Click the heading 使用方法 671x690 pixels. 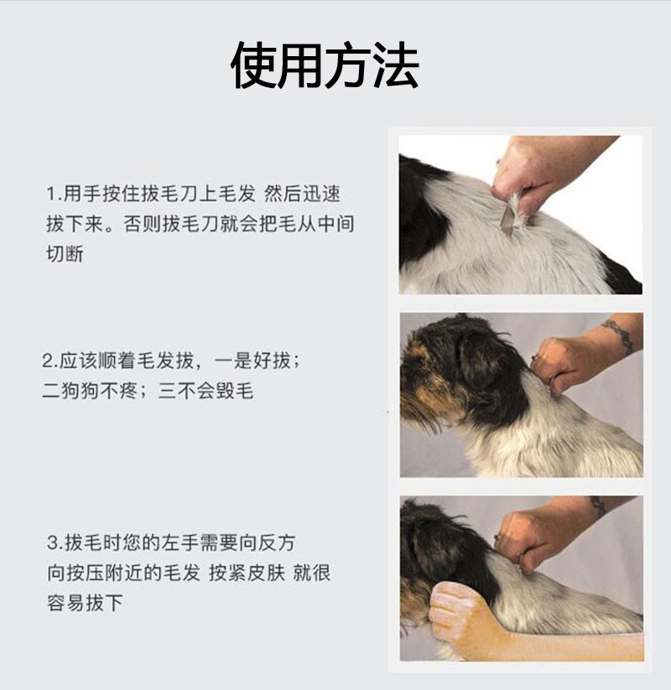pos(325,65)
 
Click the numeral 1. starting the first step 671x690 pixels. pos(55,194)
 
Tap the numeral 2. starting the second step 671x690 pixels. pos(49,361)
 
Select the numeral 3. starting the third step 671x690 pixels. pos(55,543)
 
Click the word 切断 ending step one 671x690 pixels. pos(65,254)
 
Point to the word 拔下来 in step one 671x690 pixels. pos(75,224)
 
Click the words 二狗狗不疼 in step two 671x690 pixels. pos(90,391)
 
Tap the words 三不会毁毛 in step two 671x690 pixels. pos(206,391)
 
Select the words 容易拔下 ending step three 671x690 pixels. pos(85,603)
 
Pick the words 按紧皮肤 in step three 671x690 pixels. pos(247,573)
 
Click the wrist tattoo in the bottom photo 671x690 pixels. pos(598,506)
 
